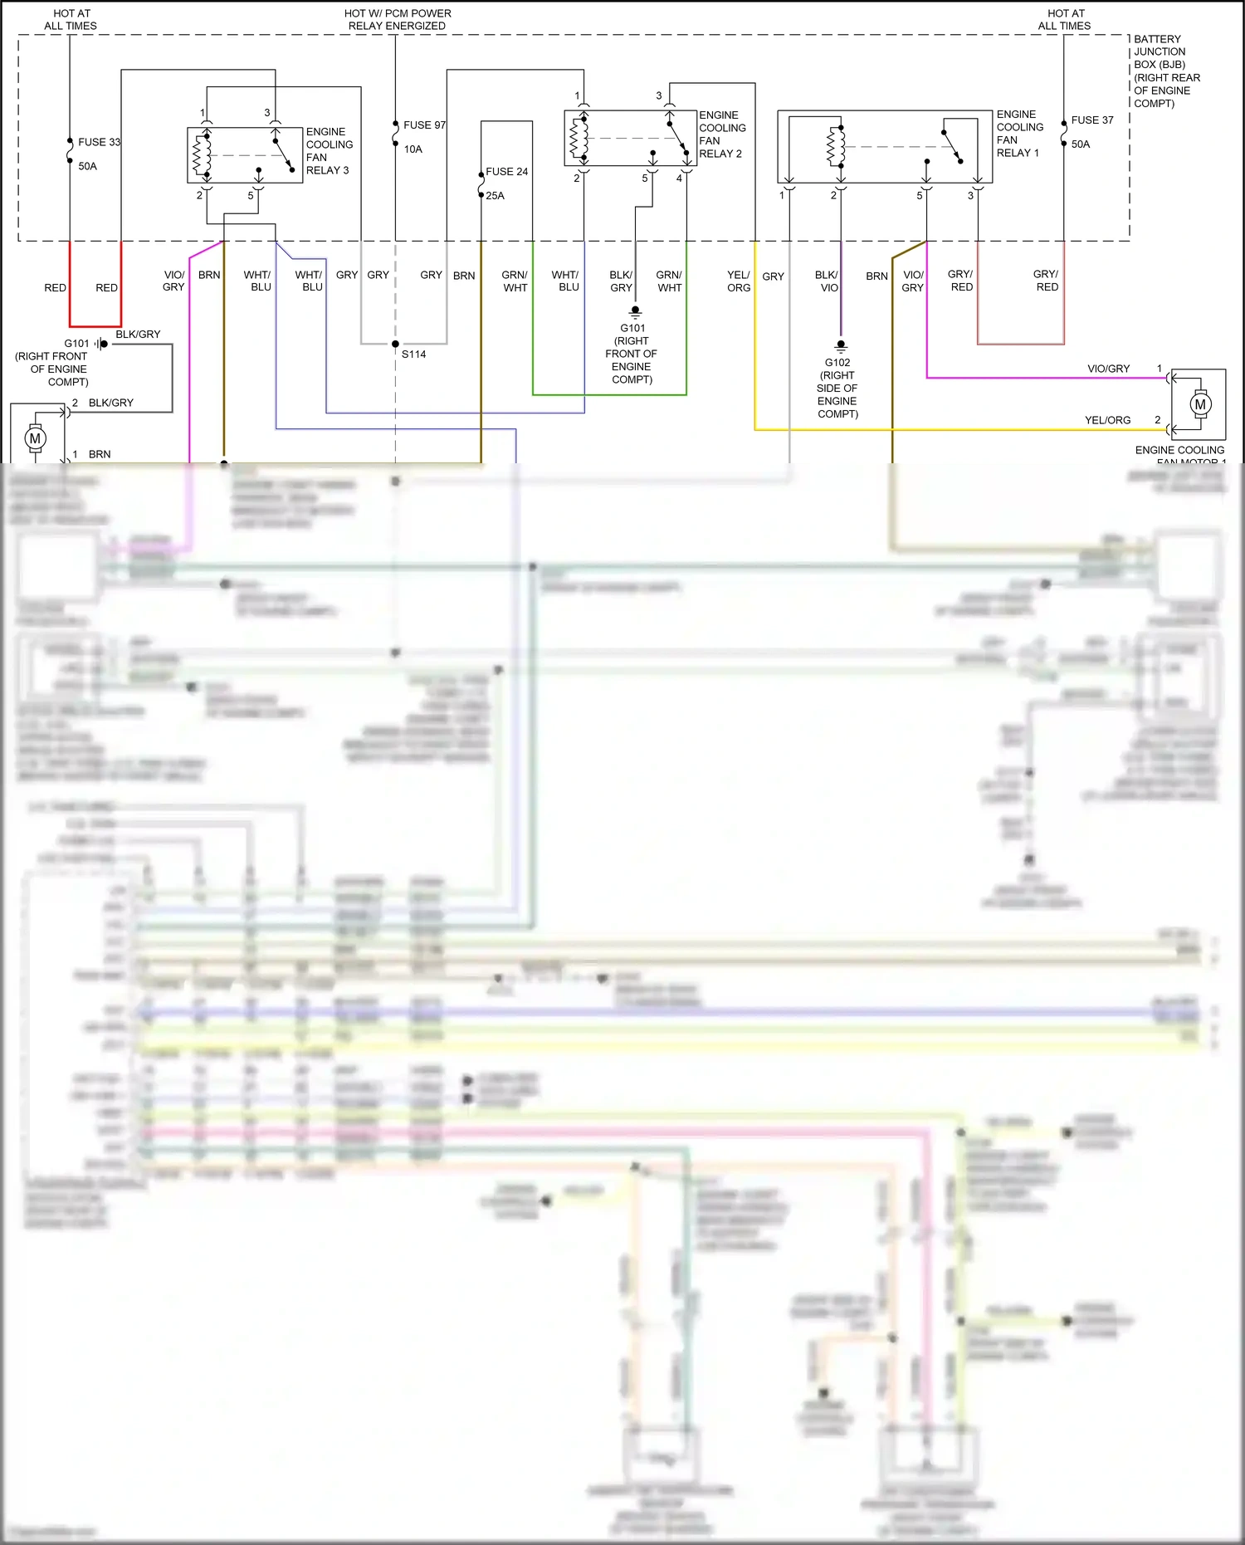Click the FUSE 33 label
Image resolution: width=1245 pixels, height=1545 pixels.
pyautogui.click(x=99, y=142)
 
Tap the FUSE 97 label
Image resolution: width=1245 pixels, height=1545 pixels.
pyautogui.click(x=424, y=125)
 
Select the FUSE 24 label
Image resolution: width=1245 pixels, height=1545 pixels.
pyautogui.click(x=506, y=172)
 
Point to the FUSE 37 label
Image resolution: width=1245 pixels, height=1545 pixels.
pyautogui.click(x=1091, y=120)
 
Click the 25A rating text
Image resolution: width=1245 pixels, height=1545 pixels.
pyautogui.click(x=495, y=196)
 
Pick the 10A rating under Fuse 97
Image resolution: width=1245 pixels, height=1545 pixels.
pyautogui.click(x=413, y=149)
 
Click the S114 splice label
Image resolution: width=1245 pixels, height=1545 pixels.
pyautogui.click(x=413, y=354)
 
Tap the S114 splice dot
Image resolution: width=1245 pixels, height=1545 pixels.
pyautogui.click(x=395, y=344)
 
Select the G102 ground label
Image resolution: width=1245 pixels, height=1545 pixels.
pyautogui.click(x=837, y=363)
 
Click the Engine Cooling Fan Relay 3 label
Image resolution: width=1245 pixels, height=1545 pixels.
pyautogui.click(x=329, y=151)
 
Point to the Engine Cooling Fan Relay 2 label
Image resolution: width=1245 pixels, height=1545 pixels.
pyautogui.click(x=721, y=134)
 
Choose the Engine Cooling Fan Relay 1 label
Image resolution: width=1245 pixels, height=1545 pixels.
pyautogui.click(x=1019, y=134)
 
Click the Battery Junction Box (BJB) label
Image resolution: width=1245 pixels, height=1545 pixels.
pyautogui.click(x=1166, y=71)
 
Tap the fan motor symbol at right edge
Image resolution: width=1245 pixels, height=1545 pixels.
pyautogui.click(x=1199, y=405)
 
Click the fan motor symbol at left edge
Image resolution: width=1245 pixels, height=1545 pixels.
pyautogui.click(x=35, y=438)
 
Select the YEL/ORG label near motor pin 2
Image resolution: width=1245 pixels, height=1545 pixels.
pyautogui.click(x=1107, y=420)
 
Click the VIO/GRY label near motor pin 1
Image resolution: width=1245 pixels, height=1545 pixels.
pyautogui.click(x=1108, y=369)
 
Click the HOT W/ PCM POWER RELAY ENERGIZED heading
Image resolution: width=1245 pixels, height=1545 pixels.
pyautogui.click(x=398, y=19)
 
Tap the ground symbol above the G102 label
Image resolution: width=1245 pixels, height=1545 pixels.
pyautogui.click(x=841, y=345)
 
